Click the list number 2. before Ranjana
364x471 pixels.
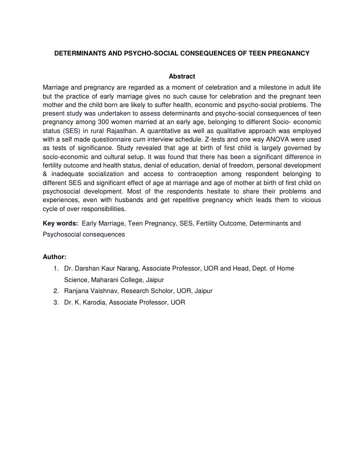(x=55, y=290)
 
